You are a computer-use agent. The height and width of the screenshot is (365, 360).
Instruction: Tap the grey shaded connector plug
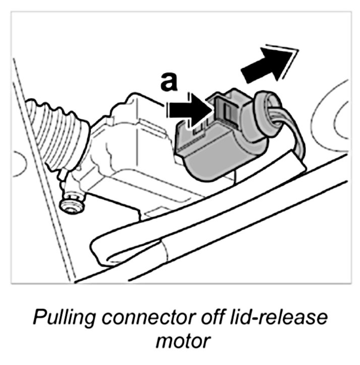217,146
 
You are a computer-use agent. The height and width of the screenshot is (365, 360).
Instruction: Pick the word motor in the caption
181,342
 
